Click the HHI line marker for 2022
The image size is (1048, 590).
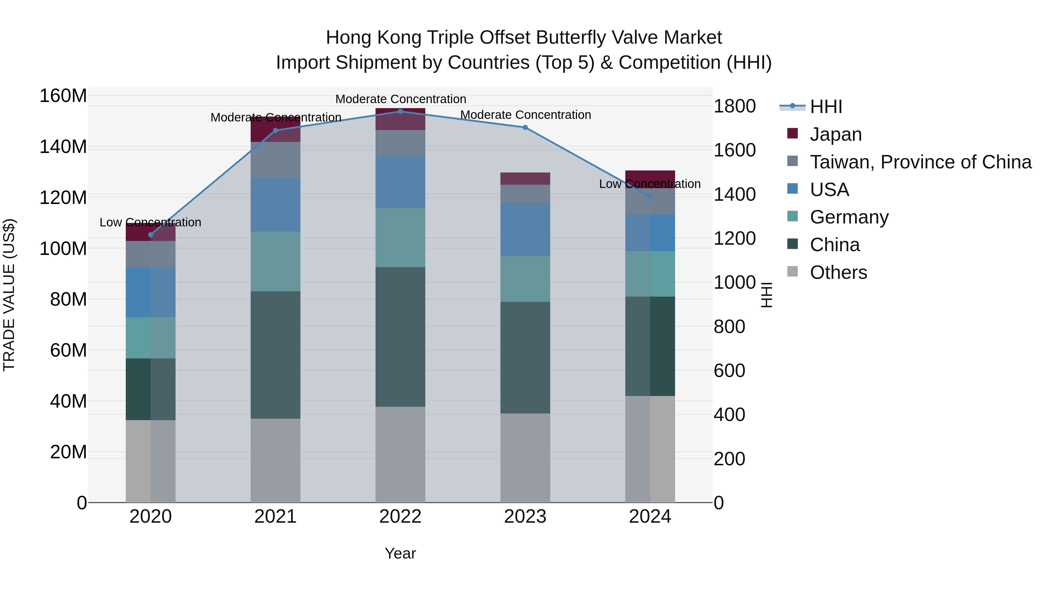(400, 111)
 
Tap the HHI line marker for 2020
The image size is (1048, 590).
(151, 235)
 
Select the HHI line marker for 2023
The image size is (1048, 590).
(525, 127)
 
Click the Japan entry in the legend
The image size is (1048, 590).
(835, 134)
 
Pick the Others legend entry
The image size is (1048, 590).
(838, 272)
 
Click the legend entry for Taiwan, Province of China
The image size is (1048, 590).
(920, 162)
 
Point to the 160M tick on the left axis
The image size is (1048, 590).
(63, 96)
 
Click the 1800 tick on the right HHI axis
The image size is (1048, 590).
(734, 106)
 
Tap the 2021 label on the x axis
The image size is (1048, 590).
(275, 517)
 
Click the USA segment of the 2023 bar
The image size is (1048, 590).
(525, 229)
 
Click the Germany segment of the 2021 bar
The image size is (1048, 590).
(275, 261)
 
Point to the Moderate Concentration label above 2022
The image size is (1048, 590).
(400, 99)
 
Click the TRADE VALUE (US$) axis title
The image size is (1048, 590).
(9, 295)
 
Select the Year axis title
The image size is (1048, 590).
(400, 553)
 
